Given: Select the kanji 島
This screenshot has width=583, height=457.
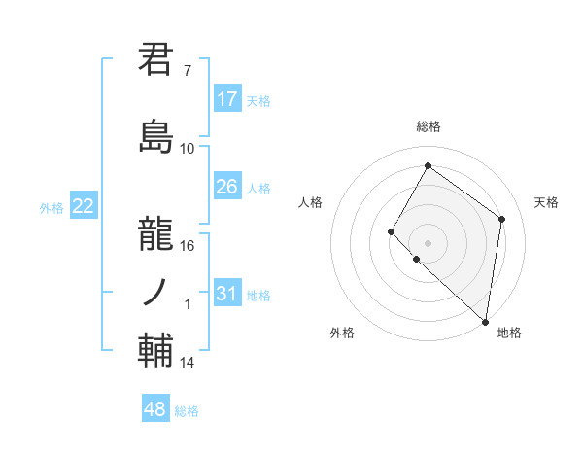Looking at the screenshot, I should (156, 135).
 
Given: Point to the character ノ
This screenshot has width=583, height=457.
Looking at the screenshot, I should (156, 290).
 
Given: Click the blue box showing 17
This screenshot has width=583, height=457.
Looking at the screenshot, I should (227, 99).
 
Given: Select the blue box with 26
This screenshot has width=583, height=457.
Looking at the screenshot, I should (227, 187).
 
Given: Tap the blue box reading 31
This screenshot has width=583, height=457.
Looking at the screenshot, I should (227, 294).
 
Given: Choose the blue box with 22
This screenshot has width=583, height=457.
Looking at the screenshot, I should (84, 206).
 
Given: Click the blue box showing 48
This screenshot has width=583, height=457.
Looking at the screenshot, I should (155, 409).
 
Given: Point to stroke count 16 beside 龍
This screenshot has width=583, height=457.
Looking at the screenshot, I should (188, 245).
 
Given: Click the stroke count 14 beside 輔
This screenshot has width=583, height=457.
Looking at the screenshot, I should (188, 363).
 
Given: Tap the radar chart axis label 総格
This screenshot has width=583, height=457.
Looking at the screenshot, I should (429, 126).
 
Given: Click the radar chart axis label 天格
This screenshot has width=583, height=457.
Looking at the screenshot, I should (547, 202).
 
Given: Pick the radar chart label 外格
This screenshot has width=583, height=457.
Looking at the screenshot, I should (342, 333).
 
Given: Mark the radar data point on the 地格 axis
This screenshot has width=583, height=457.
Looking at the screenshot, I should (485, 321).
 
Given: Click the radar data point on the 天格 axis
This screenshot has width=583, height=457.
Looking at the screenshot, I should (502, 219).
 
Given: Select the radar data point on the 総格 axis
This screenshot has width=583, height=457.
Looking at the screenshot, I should (428, 166).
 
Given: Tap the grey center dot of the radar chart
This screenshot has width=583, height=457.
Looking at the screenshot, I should (428, 242).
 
